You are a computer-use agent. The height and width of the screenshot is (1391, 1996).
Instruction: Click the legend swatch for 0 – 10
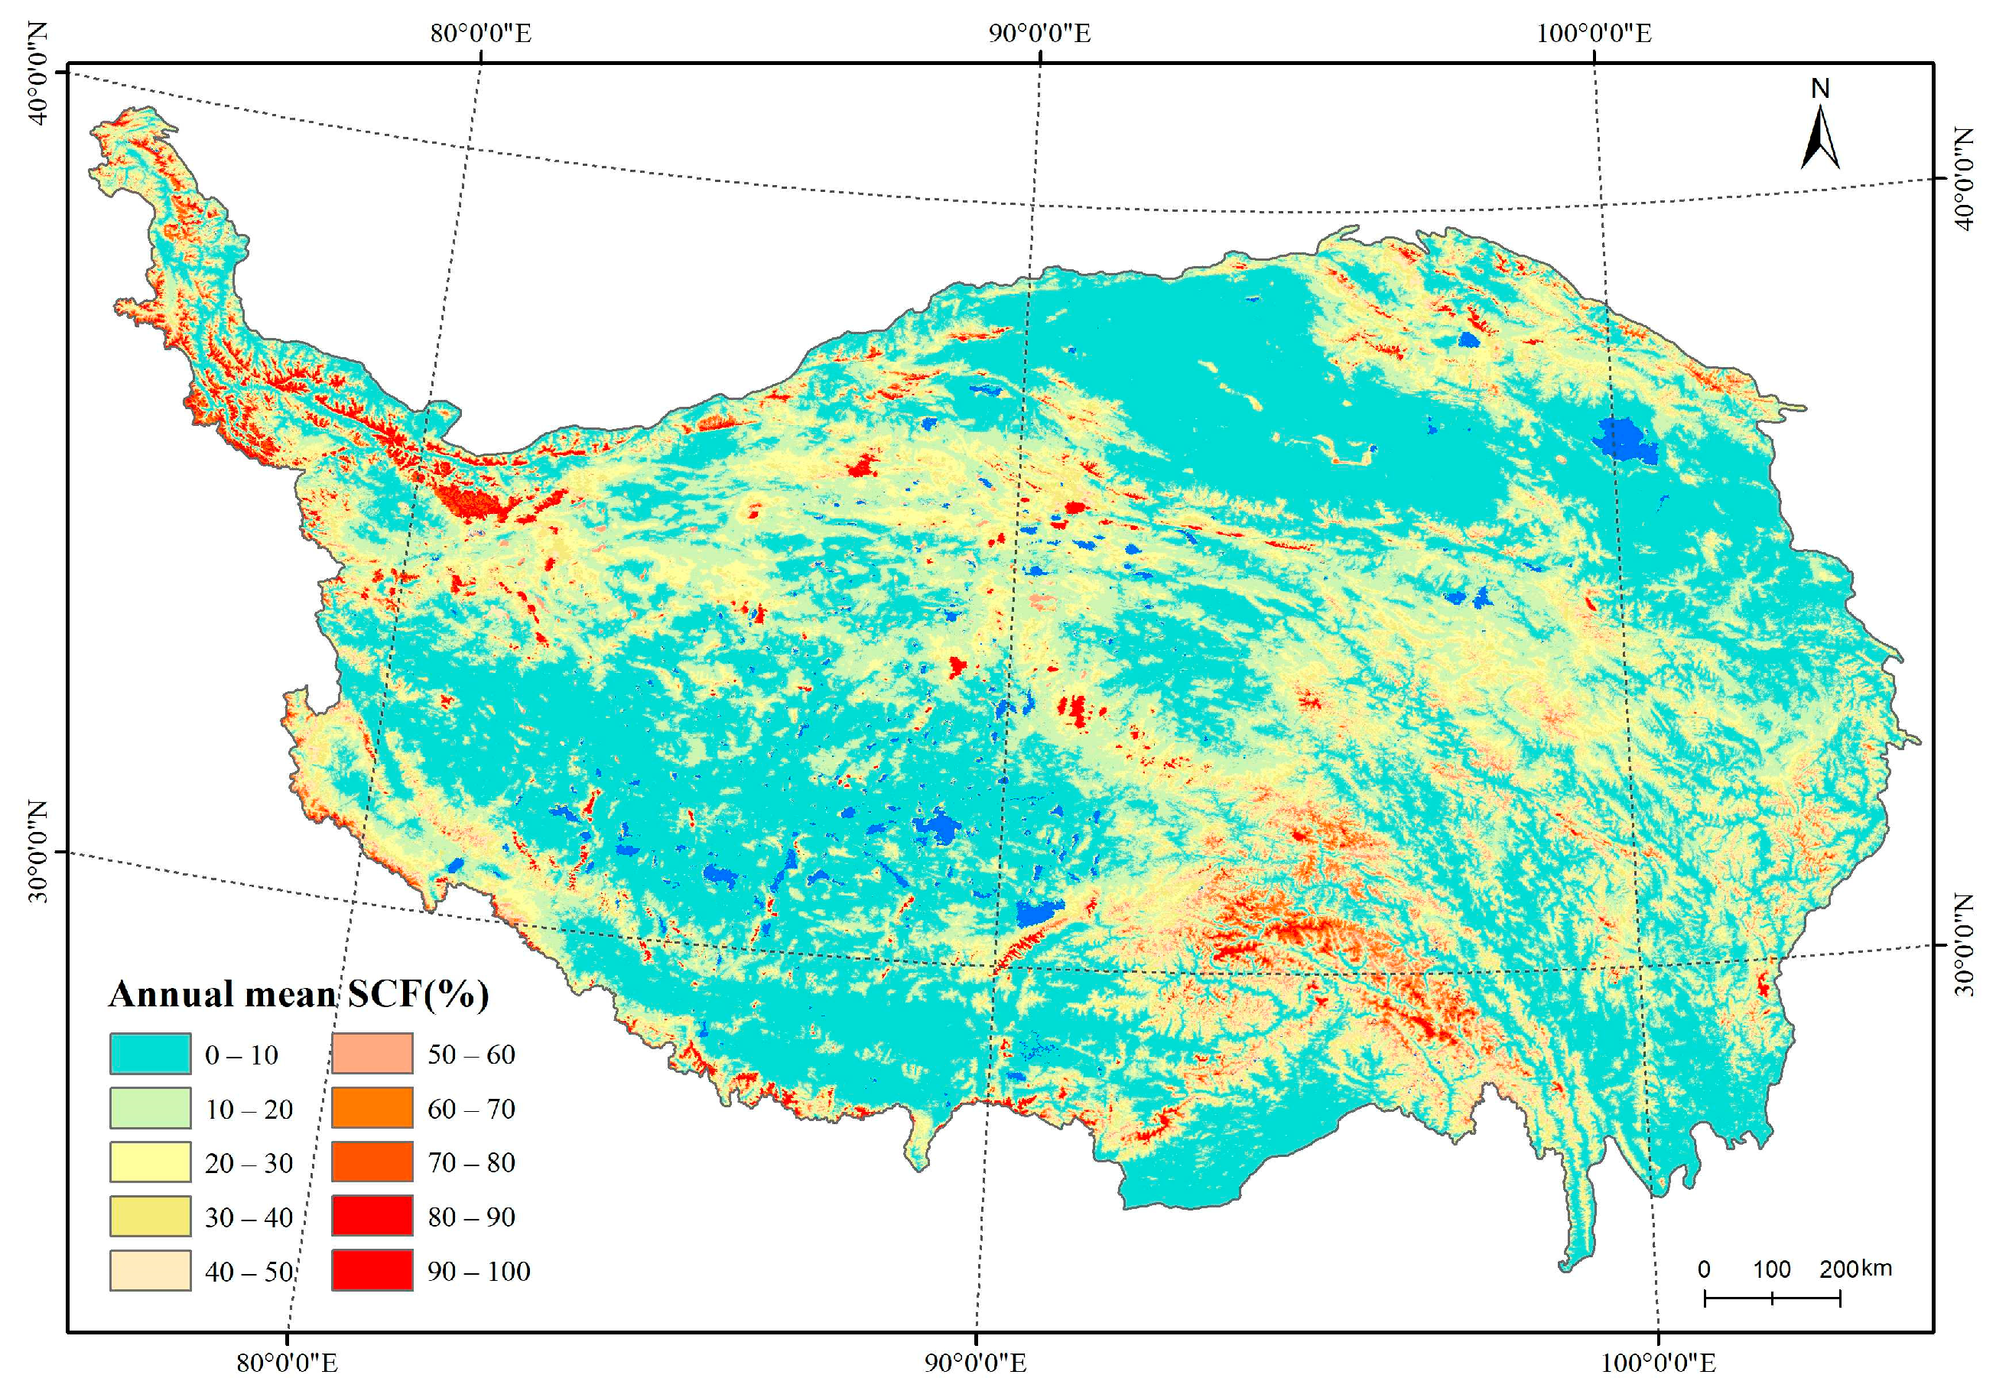(x=150, y=1054)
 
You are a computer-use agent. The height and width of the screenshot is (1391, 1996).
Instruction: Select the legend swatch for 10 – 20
(x=150, y=1109)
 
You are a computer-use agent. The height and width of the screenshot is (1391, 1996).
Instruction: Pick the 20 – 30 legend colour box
(x=150, y=1162)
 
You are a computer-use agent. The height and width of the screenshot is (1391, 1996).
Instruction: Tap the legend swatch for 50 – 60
(x=372, y=1054)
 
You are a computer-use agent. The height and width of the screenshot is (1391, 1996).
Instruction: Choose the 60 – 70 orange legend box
(x=372, y=1109)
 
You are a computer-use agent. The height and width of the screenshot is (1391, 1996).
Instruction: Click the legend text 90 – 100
(x=478, y=1272)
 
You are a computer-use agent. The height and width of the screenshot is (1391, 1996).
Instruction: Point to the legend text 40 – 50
(x=249, y=1272)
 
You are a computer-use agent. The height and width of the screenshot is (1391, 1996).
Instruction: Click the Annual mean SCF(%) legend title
(x=298, y=993)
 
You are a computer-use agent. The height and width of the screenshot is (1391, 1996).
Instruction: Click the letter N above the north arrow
(x=1819, y=89)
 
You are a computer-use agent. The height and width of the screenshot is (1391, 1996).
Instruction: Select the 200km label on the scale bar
(x=1855, y=1269)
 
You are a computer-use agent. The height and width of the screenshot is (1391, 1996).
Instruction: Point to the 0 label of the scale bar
(x=1704, y=1269)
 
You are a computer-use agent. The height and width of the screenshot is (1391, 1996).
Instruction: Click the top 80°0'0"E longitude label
(x=481, y=33)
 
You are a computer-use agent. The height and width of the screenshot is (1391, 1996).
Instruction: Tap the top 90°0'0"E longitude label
(x=1040, y=33)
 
